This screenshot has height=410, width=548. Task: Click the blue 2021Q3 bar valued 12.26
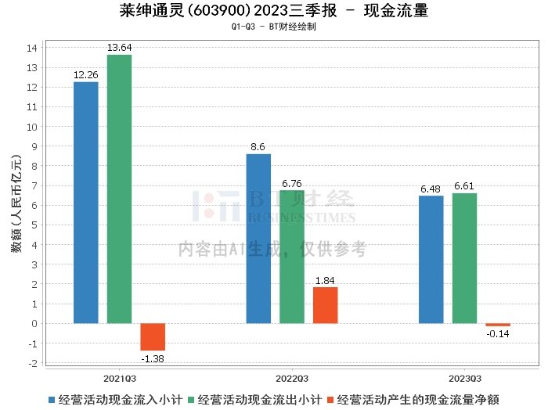tap(85, 202)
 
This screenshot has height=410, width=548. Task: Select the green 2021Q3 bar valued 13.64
tap(119, 189)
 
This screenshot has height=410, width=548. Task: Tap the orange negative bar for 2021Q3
tap(153, 336)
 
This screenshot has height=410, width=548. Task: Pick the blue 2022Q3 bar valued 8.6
tap(258, 238)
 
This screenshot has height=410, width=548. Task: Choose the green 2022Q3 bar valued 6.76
tap(292, 257)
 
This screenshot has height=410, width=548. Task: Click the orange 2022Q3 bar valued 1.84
tap(326, 304)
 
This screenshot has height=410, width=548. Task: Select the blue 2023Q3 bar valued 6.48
tap(431, 259)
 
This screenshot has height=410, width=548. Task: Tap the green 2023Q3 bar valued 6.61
tap(465, 257)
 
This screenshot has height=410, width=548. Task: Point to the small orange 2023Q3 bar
tap(498, 325)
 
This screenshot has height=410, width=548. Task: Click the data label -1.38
tap(153, 358)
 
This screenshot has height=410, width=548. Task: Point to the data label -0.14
tap(498, 334)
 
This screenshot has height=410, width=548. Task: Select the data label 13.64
tap(119, 48)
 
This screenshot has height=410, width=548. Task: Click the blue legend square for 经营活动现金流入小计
tap(52, 398)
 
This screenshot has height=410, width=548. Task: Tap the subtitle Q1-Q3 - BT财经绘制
tap(274, 27)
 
